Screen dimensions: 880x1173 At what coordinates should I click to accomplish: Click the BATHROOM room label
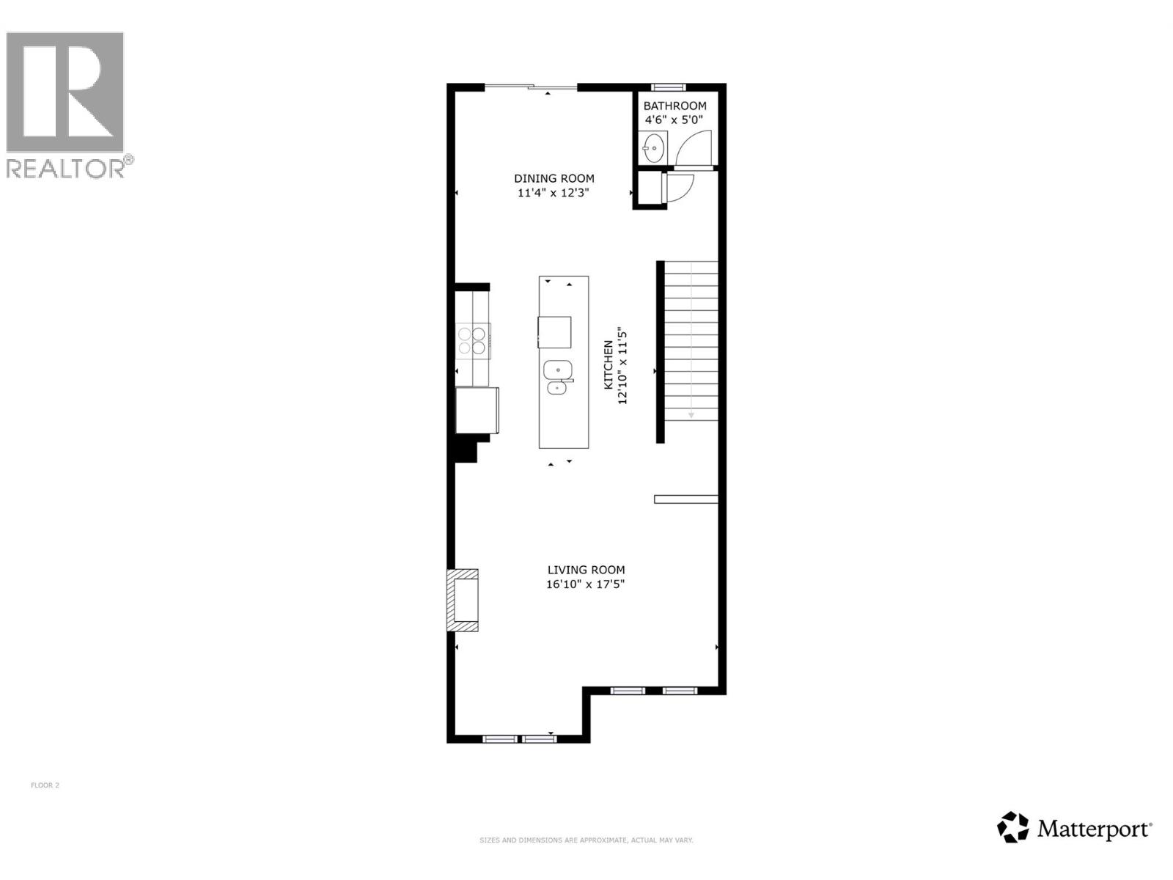coord(674,106)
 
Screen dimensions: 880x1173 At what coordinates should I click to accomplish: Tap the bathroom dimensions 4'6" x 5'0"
coord(674,120)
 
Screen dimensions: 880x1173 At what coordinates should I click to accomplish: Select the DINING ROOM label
coord(554,178)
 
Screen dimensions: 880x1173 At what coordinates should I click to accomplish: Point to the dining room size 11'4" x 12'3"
coord(554,193)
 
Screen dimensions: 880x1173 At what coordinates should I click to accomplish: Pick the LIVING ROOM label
coord(586,570)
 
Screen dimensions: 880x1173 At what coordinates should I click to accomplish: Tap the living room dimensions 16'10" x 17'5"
coord(586,584)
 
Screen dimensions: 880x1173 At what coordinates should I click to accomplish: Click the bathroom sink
coord(652,148)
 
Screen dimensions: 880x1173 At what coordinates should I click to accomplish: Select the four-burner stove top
coord(472,341)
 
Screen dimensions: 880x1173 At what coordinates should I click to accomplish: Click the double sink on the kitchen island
coord(558,377)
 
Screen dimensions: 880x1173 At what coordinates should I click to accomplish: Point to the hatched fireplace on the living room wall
coord(463,600)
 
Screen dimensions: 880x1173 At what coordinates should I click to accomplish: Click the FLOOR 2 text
coord(45,785)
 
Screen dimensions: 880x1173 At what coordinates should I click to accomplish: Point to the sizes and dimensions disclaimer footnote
coord(586,840)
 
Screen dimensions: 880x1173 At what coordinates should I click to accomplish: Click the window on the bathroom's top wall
coord(668,87)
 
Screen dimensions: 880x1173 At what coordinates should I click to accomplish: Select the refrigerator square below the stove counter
coord(477,411)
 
